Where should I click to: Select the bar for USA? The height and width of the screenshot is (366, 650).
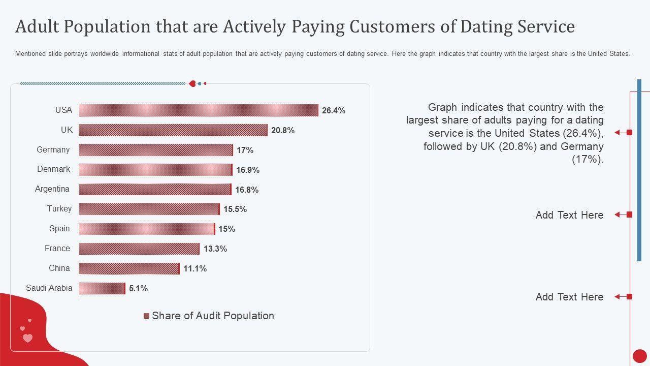(199, 110)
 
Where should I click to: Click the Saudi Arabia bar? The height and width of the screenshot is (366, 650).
(102, 288)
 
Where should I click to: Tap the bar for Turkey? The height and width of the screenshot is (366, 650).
(149, 209)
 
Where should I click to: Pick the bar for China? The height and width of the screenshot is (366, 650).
(129, 268)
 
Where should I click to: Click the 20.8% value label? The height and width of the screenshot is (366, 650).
(283, 130)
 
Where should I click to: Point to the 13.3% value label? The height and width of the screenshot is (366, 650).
(215, 249)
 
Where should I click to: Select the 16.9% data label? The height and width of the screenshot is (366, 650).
(248, 170)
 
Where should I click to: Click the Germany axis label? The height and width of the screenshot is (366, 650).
(53, 149)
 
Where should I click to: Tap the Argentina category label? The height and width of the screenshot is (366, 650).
(52, 189)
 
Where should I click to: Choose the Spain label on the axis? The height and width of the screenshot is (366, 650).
(59, 228)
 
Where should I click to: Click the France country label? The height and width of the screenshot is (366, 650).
(57, 248)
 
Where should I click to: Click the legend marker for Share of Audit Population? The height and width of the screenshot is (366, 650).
(147, 316)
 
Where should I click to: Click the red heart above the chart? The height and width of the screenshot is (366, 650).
(192, 83)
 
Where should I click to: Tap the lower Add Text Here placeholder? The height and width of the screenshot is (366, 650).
(569, 297)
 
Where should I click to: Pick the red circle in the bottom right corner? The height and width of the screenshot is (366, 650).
(640, 356)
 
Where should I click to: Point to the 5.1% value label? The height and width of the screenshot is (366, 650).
(138, 288)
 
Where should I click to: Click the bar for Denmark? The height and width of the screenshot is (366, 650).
(155, 169)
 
